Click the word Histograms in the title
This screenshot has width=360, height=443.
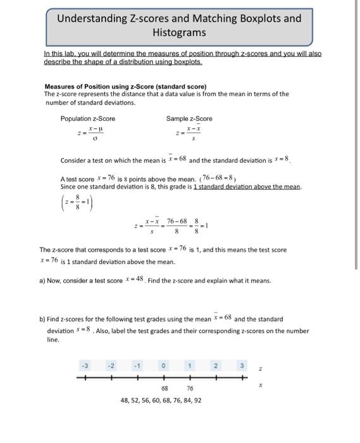pos(179,32)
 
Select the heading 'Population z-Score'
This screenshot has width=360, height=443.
pos(88,118)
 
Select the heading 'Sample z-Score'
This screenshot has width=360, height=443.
pos(189,118)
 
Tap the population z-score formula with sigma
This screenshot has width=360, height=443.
pos(89,134)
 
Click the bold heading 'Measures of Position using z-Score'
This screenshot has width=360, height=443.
pos(125,86)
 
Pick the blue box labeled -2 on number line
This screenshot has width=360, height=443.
pos(111,366)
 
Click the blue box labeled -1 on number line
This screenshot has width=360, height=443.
pos(137,366)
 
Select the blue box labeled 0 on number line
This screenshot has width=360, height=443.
pos(164,366)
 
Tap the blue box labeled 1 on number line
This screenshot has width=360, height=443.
pos(189,366)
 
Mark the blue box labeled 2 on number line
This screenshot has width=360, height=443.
pos(215,366)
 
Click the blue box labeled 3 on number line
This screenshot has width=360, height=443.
pos(241,366)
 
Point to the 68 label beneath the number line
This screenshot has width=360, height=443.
pos(164,388)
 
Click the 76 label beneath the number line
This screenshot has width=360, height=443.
pos(190,388)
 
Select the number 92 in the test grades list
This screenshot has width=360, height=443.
pos(197,400)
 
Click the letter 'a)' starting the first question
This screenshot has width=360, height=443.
pos(43,280)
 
